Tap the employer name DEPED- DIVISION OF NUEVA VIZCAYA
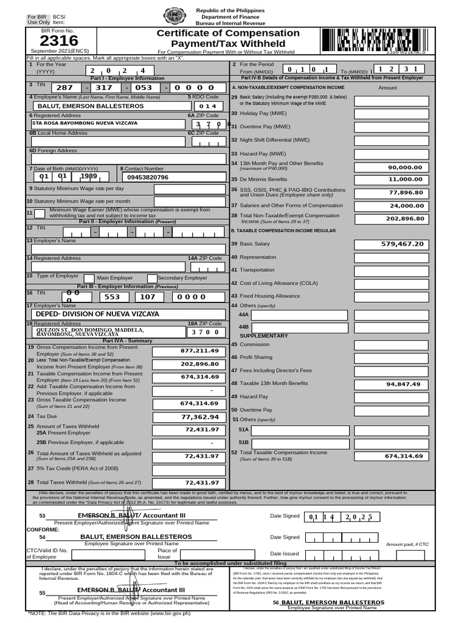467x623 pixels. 97,314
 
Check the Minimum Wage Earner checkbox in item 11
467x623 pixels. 40,214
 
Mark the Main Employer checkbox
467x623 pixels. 89,278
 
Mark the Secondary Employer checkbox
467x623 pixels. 153,278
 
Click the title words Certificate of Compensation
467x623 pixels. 228,33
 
